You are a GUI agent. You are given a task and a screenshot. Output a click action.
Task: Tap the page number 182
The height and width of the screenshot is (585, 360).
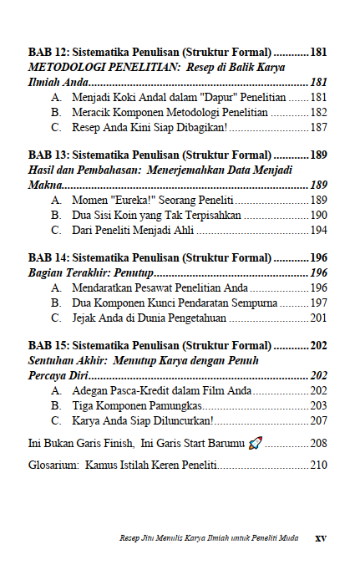pos(318,112)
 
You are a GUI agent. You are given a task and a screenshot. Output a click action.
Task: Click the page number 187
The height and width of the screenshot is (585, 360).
pos(318,127)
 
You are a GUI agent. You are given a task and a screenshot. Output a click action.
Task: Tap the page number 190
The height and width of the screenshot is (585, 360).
pos(318,215)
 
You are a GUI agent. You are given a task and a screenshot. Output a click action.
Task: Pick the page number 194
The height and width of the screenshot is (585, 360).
pos(318,230)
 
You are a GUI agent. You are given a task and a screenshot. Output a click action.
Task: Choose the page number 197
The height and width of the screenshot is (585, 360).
pos(318,303)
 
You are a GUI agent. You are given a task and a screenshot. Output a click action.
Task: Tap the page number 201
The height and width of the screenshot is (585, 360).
pos(318,318)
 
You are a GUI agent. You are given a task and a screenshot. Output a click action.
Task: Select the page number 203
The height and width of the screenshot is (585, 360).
pos(318,405)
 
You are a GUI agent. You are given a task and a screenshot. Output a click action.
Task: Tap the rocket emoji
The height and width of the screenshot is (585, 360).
pos(256,442)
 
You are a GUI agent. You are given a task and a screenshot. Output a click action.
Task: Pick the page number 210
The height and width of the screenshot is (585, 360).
pos(318,465)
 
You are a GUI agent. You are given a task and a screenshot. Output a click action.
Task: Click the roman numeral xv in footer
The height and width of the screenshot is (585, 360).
pos(320,538)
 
